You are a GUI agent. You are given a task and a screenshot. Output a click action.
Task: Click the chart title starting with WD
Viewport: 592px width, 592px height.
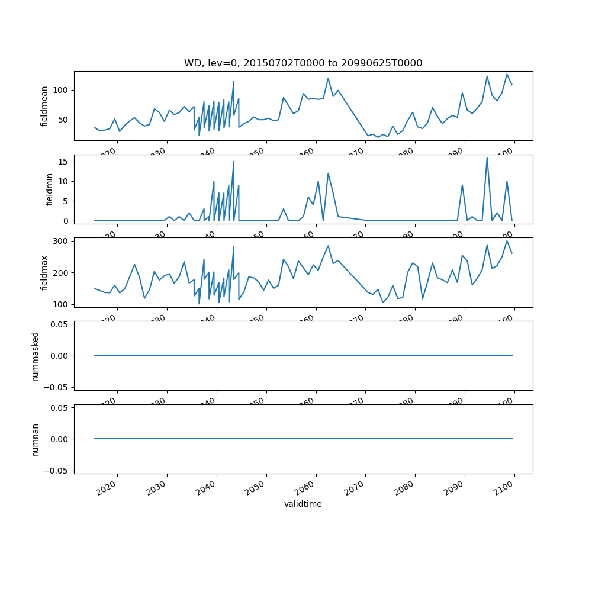click(x=303, y=63)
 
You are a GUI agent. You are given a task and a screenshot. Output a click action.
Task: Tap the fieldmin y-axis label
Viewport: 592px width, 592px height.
click(x=50, y=189)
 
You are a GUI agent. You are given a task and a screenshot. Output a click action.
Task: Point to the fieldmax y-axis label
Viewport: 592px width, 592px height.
click(x=44, y=272)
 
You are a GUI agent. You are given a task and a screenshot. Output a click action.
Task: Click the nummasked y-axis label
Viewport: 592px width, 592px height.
click(x=35, y=356)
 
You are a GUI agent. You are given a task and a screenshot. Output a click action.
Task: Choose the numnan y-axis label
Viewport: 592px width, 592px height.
click(x=35, y=439)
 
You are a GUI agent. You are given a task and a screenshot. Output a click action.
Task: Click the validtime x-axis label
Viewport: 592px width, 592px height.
click(x=303, y=504)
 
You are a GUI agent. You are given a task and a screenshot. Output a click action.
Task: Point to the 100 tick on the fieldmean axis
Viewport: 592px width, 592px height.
click(x=61, y=90)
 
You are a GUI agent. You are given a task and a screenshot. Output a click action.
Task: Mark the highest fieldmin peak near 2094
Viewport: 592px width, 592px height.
click(x=487, y=157)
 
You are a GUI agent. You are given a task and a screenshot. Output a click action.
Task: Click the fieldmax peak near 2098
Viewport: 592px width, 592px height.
click(x=507, y=240)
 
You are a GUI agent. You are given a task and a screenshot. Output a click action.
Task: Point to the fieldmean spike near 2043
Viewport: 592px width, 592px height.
click(x=234, y=81)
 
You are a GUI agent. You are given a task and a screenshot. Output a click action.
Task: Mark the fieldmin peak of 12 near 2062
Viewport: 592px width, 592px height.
click(x=328, y=173)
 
